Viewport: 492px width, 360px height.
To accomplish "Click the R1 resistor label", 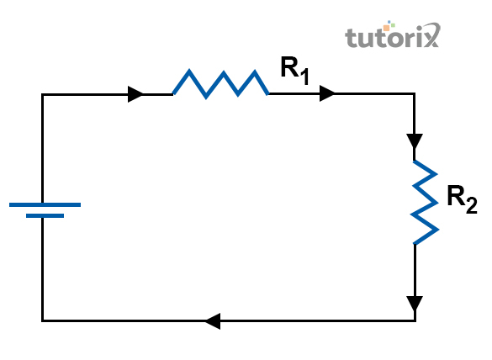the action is (x=295, y=71).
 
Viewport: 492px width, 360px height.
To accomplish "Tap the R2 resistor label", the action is (x=463, y=199).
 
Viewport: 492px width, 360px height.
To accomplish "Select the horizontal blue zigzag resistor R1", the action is (x=221, y=83).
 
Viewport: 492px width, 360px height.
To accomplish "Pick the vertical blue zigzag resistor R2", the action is (x=425, y=202).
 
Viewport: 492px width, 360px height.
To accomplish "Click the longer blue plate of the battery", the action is (x=45, y=205).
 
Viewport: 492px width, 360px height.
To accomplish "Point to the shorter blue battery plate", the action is (x=45, y=216).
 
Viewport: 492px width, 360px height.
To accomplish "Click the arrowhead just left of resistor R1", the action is (x=135, y=94).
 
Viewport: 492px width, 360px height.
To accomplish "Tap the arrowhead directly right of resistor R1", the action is (x=327, y=93).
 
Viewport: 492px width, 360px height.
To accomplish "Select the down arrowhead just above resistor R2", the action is (x=415, y=141).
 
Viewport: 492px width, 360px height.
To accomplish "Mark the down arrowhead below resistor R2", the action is (x=415, y=304).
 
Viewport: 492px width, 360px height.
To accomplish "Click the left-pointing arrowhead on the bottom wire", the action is (x=213, y=321).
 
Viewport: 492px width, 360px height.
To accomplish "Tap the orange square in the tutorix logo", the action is (x=386, y=28).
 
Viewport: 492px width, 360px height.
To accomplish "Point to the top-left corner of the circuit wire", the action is (x=42, y=94).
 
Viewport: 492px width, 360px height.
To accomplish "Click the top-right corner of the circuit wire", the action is (x=415, y=93).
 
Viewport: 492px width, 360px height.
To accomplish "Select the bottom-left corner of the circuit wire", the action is (x=42, y=320).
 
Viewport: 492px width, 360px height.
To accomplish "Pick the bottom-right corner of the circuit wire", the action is (x=415, y=320).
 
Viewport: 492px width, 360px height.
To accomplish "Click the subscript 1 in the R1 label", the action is (x=304, y=77).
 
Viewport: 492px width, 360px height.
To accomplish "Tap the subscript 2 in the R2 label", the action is (x=472, y=205).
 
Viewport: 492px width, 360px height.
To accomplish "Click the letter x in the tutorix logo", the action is (x=431, y=35).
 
